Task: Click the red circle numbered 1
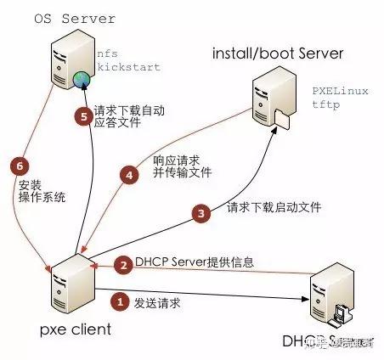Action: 121,301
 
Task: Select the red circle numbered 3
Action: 200,215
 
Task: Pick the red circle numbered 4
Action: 128,176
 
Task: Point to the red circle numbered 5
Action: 82,117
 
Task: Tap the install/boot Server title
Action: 278,55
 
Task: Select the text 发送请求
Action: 160,301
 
